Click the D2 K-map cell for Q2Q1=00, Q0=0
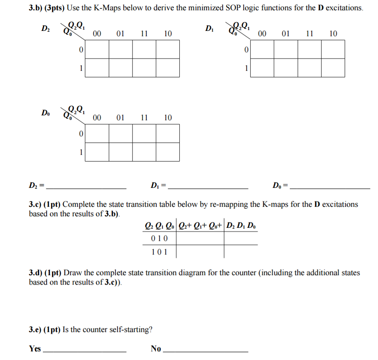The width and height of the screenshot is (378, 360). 97,49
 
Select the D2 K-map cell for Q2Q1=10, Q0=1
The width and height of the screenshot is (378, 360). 168,68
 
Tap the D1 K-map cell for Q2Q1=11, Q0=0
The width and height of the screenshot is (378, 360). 310,49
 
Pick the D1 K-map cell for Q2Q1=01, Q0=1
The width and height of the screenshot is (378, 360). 286,68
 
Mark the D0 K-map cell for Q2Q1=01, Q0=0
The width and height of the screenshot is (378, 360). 121,133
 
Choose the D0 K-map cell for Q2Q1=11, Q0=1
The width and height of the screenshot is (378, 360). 144,152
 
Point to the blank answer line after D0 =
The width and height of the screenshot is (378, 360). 330,187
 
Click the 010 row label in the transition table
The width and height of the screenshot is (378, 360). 160,238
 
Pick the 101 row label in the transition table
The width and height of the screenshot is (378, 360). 160,252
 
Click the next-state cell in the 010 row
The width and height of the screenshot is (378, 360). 200,238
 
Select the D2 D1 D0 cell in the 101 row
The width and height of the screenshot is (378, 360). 241,252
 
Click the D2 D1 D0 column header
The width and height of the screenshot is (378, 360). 242,225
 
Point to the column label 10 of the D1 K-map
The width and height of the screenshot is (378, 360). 333,33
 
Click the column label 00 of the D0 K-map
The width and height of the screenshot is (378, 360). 97,118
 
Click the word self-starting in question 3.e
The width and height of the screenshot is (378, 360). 129,330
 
